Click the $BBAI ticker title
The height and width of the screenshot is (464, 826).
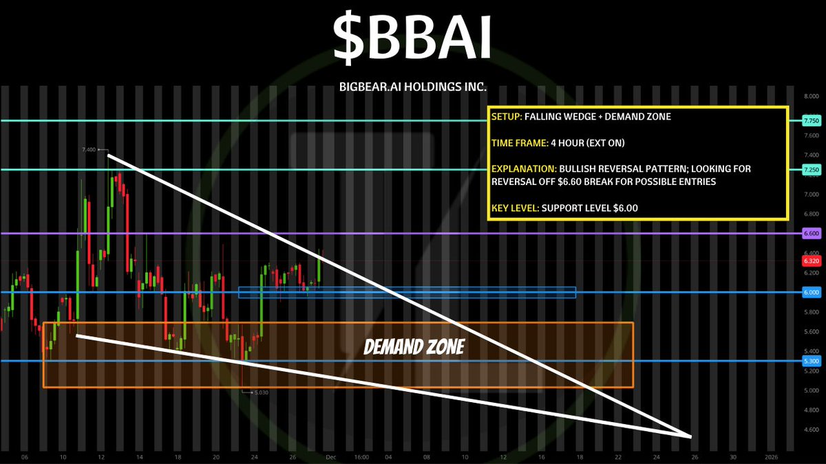[412, 39]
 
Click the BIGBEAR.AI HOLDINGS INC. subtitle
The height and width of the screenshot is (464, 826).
[412, 87]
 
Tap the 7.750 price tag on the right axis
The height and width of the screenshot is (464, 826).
[812, 121]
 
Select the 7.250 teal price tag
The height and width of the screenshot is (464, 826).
[812, 170]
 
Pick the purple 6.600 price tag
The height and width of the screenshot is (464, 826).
[812, 234]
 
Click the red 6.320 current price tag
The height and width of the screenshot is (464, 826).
[812, 261]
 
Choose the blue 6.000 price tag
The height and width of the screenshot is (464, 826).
[812, 292]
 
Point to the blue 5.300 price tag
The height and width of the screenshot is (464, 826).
[812, 361]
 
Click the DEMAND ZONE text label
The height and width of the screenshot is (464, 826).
[414, 347]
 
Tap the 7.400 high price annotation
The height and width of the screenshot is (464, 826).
[89, 150]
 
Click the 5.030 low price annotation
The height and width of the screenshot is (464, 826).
[262, 393]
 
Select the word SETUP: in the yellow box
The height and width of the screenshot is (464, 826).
[507, 117]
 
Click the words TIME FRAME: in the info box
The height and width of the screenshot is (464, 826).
[520, 143]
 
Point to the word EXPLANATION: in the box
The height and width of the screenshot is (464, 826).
[524, 169]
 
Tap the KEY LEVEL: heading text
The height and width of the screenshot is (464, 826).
[515, 208]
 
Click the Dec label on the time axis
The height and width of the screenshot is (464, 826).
[331, 457]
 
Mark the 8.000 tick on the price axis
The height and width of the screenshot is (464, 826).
[812, 96]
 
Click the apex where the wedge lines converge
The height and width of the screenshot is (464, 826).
[690, 437]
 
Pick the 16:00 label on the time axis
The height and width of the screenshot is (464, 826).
[361, 457]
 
